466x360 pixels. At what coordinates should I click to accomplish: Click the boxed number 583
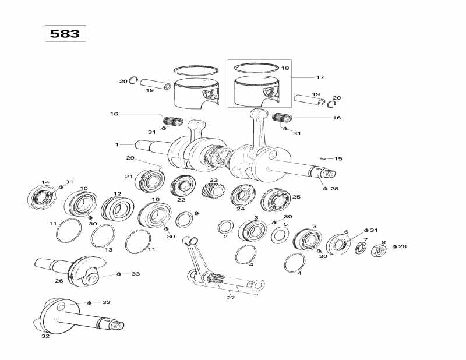(65, 33)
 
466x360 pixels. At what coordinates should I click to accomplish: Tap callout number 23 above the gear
(214, 180)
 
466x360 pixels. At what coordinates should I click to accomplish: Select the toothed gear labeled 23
(214, 193)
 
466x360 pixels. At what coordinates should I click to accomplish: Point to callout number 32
(45, 336)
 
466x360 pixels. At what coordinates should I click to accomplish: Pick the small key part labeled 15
(324, 158)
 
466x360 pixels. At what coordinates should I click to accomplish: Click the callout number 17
(320, 77)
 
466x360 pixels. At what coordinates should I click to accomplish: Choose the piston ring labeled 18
(257, 68)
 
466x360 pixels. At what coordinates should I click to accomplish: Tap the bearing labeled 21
(150, 180)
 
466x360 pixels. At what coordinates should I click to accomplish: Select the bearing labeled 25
(276, 200)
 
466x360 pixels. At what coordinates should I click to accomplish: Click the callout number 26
(58, 281)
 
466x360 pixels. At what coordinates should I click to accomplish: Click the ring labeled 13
(103, 236)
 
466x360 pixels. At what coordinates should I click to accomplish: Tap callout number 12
(117, 194)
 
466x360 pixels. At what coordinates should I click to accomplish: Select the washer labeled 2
(227, 226)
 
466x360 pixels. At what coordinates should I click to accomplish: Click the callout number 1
(116, 144)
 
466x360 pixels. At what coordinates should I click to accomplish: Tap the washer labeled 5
(280, 235)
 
